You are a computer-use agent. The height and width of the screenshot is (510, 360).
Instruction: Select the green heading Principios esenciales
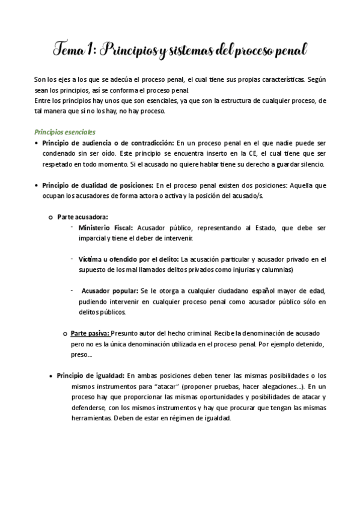coord(64,132)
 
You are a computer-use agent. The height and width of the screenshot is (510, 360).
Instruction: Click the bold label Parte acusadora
coord(83,217)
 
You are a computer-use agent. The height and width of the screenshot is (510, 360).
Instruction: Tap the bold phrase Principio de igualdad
coord(90,375)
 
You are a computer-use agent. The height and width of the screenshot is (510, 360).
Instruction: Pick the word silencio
coord(311,164)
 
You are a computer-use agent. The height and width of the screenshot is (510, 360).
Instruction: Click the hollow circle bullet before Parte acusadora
coord(50,217)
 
